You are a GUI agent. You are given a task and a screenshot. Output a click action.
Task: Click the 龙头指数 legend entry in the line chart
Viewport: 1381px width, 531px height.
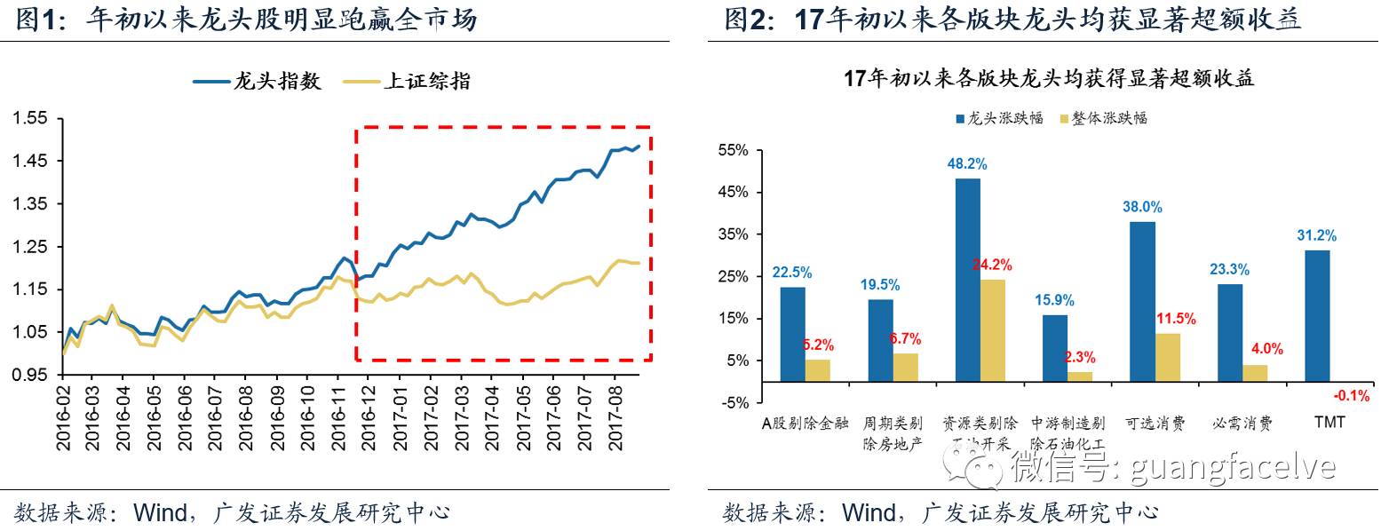258,82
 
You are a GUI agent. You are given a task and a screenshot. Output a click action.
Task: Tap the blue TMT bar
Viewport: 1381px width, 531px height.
1317,316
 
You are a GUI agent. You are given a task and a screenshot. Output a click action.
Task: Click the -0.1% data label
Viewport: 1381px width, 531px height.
1352,396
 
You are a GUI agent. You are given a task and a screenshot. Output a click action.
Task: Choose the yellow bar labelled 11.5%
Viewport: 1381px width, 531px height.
1167,357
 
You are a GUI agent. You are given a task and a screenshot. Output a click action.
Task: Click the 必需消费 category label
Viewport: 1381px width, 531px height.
1242,423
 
